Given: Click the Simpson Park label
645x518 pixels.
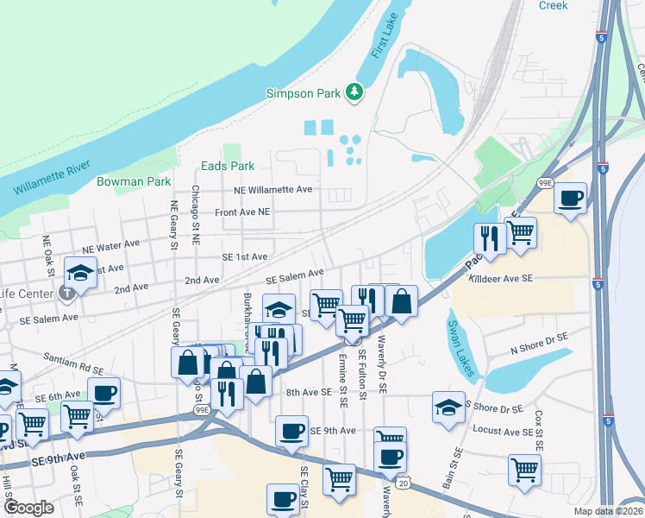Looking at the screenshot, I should tap(303, 93).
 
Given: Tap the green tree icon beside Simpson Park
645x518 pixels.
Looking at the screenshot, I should tap(353, 92).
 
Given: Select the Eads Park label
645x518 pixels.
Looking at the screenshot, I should tap(227, 166).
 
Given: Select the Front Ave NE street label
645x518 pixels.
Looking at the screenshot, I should tap(242, 212).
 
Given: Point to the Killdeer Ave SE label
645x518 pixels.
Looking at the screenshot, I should tap(503, 278).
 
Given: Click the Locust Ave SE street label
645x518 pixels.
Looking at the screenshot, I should tap(499, 429).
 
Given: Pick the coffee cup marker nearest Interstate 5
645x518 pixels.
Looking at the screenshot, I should tap(570, 198).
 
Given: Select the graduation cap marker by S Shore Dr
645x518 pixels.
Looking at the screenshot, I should tap(448, 407).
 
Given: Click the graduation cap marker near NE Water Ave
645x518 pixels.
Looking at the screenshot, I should tap(80, 274).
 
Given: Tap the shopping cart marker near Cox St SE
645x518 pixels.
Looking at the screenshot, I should tap(523, 471).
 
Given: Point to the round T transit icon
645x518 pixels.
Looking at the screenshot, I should tap(67, 294).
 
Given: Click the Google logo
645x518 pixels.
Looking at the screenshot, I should tap(29, 508).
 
